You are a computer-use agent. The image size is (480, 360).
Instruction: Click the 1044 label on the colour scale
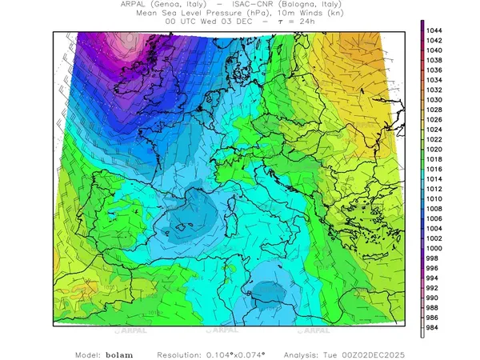pyautogui.click(x=435, y=30)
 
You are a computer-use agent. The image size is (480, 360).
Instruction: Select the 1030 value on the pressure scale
pyautogui.click(x=435, y=100)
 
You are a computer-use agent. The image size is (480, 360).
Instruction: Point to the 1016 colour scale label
pyautogui.click(x=435, y=169)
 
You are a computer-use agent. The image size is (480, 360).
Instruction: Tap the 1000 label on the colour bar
pyautogui.click(x=435, y=248)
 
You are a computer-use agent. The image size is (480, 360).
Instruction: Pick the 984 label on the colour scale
pyautogui.click(x=435, y=327)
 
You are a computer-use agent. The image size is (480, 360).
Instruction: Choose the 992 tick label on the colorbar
pyautogui.click(x=435, y=288)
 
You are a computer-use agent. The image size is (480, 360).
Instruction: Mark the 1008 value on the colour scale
pyautogui.click(x=435, y=209)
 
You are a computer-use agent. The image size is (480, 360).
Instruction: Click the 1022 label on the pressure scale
pyautogui.click(x=435, y=139)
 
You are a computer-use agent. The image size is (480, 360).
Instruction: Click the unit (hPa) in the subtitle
pyautogui.click(x=243, y=14)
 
